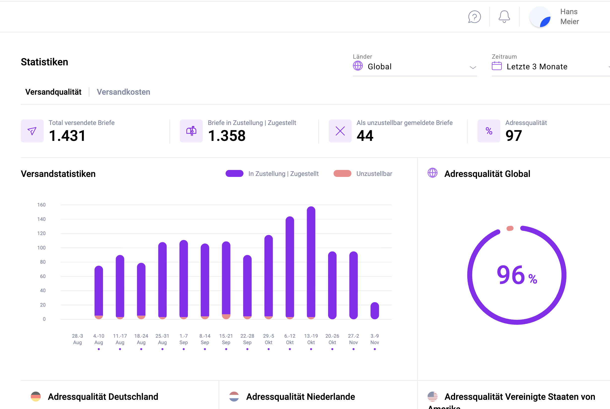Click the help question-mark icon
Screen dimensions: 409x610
[474, 17]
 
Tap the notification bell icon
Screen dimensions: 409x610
[504, 17]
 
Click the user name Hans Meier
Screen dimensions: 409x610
[569, 17]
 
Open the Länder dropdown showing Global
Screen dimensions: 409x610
[414, 67]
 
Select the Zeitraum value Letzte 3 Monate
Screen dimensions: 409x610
[537, 67]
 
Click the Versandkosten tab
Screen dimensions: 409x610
[123, 92]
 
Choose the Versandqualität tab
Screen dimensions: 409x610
[53, 92]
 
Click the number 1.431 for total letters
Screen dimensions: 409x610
[67, 136]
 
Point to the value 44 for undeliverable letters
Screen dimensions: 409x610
[365, 136]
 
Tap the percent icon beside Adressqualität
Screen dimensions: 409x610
[489, 131]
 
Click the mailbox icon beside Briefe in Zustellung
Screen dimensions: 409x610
[191, 131]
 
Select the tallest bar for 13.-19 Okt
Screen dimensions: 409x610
[311, 261]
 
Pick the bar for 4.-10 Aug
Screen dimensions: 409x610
[99, 291]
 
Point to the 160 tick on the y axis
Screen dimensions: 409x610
[41, 205]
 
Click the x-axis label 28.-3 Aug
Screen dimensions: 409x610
[77, 339]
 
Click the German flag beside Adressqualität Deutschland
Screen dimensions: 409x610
[36, 397]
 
